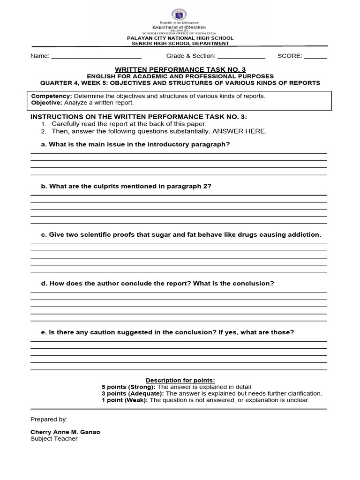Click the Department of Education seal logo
(180, 13)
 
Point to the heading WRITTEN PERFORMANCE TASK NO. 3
(180, 69)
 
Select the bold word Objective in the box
(46, 103)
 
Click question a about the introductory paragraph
(135, 144)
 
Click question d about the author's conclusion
(157, 284)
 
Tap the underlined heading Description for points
(180, 380)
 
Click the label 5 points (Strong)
(129, 387)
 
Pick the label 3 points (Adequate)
(133, 393)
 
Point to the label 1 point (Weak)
(125, 400)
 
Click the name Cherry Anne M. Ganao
(65, 432)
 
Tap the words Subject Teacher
(54, 439)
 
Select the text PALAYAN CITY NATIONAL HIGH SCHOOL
(180, 38)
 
